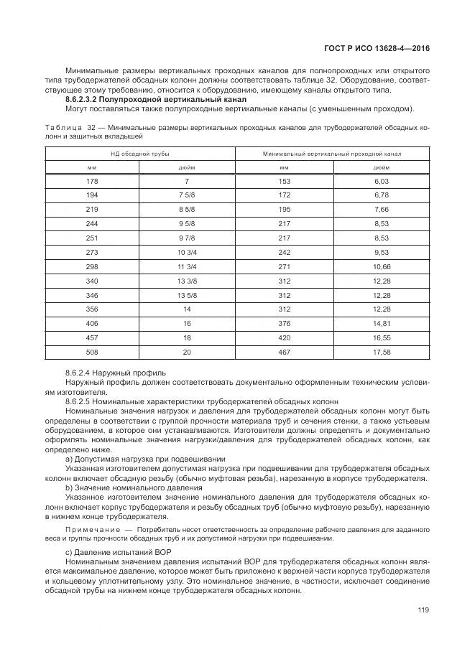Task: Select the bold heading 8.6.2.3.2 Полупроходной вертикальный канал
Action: pos(155,99)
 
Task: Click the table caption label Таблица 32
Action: pos(65,127)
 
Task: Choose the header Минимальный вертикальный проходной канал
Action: pos(332,154)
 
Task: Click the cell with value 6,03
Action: pos(381,182)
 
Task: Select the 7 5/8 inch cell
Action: pos(186,196)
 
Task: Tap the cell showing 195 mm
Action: pos(284,210)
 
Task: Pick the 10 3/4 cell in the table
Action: pos(186,252)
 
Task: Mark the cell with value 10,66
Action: pos(381,266)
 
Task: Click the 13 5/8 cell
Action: pos(186,294)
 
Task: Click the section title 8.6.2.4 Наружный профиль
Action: pos(116,373)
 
